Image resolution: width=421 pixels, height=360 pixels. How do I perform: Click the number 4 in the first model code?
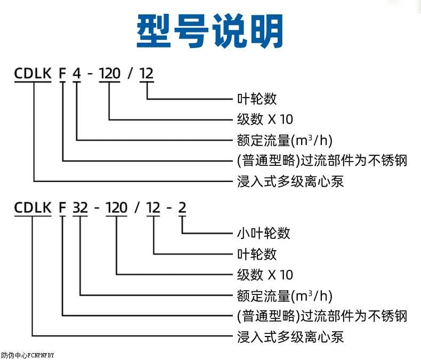coord(77,73)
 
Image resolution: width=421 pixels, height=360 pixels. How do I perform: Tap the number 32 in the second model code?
coord(80,207)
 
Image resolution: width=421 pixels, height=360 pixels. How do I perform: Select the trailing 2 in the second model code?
coord(182,207)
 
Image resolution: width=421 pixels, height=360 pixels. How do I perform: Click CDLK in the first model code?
coord(33,73)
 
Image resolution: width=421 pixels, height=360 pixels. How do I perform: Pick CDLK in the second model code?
coord(33,207)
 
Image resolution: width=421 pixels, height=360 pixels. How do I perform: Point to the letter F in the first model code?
coord(62,73)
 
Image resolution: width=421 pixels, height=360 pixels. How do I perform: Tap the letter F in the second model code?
coord(62,207)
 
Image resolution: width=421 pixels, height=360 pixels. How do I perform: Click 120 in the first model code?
coord(110,73)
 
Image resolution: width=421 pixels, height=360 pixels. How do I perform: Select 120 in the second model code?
coord(116,207)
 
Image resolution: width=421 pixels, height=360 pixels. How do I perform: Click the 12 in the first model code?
coord(146,73)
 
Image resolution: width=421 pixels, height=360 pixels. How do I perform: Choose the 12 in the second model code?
coord(153,207)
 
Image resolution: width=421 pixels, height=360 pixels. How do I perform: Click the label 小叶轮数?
coord(263,233)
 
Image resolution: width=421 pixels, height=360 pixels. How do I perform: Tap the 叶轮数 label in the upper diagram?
coord(257,99)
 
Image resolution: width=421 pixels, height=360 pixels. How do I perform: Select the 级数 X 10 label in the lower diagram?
coord(265,275)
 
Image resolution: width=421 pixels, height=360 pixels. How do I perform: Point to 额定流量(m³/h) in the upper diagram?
coord(285,140)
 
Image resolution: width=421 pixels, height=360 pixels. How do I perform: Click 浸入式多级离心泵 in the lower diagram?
coord(290,337)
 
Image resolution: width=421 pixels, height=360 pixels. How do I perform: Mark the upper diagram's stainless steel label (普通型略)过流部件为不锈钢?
coord(322,161)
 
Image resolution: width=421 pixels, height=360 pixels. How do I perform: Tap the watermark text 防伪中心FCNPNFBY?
coord(28,355)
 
